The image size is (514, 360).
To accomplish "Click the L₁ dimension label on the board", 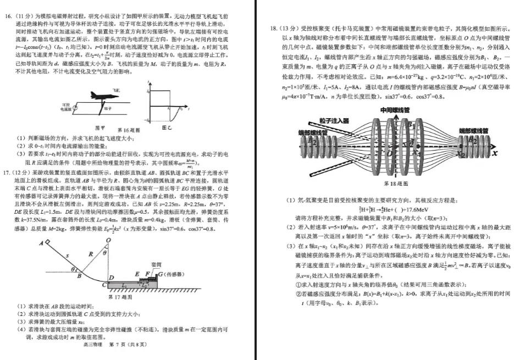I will (x=125, y=286).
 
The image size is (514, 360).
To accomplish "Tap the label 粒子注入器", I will (x=334, y=121).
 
